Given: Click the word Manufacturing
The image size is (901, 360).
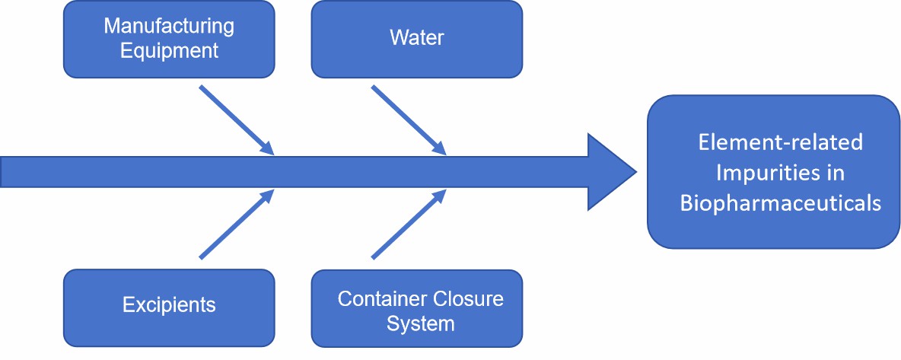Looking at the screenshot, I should click(x=168, y=26).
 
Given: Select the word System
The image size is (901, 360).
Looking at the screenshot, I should click(x=420, y=323).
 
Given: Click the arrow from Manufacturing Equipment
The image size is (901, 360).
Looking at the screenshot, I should click(x=236, y=119).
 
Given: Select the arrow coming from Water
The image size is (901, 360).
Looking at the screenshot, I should click(x=408, y=119).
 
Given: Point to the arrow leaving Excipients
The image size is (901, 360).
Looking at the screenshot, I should click(x=236, y=225).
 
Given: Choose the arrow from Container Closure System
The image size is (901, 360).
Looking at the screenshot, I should click(x=408, y=225).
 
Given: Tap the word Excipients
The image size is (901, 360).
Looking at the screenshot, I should click(x=169, y=306).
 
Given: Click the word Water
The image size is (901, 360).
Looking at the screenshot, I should click(x=417, y=38).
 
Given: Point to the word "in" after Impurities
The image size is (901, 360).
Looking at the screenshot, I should click(x=834, y=173).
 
